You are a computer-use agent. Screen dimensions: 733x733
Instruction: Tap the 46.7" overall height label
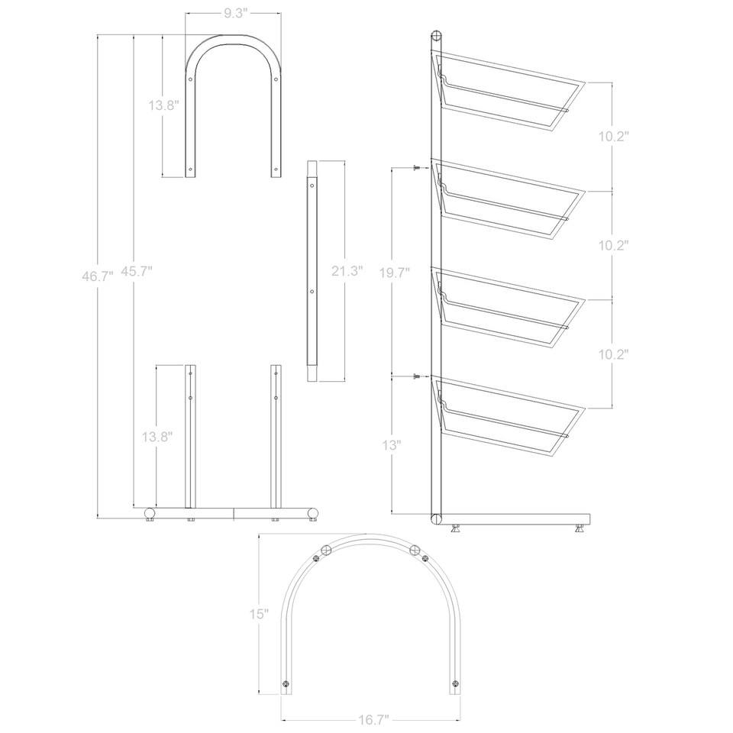click(x=98, y=276)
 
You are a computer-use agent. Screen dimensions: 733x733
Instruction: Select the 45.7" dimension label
click(x=137, y=270)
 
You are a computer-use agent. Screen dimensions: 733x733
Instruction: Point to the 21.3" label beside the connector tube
click(x=347, y=270)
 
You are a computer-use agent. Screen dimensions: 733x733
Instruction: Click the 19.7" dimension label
click(x=395, y=273)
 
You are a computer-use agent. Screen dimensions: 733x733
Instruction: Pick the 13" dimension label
click(x=392, y=445)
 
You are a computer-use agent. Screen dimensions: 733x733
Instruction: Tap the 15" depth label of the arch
click(x=259, y=614)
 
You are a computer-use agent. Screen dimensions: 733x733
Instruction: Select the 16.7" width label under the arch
click(x=373, y=719)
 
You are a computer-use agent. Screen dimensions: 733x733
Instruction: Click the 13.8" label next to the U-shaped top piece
click(x=164, y=105)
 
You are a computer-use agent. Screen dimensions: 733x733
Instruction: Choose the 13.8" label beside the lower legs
click(x=157, y=437)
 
